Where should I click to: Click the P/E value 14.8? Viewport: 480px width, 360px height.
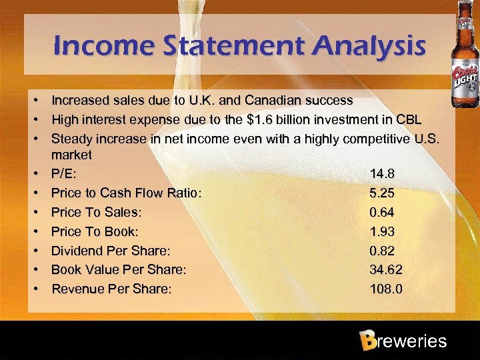[x=382, y=174]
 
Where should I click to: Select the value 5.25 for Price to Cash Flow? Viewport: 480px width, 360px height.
[x=382, y=193]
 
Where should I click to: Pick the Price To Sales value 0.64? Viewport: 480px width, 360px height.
[x=382, y=213]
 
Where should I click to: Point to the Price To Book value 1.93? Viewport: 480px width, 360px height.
[x=382, y=232]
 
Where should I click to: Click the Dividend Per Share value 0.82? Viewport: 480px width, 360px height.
[x=382, y=251]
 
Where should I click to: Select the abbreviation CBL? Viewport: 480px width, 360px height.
[x=408, y=120]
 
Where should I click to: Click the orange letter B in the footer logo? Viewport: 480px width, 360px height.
[x=367, y=341]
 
